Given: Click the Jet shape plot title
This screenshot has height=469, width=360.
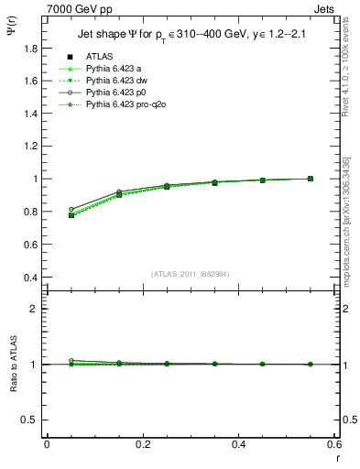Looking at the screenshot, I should click(191, 34).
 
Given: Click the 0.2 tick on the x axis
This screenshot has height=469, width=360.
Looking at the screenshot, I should click(142, 443).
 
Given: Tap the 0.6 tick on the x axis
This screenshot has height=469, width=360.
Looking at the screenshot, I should click(333, 443).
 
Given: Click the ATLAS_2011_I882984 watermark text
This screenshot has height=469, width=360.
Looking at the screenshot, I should click(191, 274).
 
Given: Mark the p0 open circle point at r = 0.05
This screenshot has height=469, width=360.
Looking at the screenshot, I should click(71, 209).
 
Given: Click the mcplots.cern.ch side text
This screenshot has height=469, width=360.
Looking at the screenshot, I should click(347, 220).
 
